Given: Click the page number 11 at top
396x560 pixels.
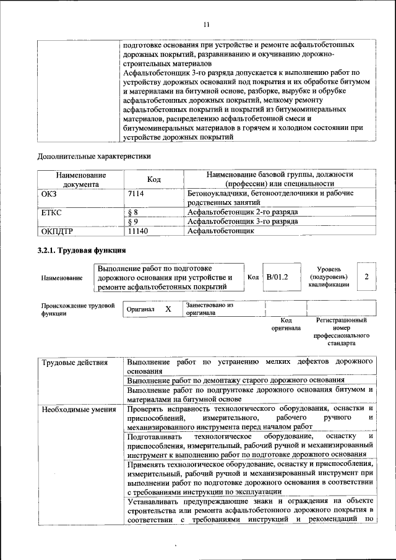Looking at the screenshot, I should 207,24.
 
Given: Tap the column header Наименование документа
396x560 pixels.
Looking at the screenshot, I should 80,179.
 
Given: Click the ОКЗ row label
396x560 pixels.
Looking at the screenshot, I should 49,194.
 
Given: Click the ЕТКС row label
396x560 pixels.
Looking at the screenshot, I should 51,212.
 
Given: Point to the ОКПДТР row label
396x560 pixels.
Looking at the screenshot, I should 57,231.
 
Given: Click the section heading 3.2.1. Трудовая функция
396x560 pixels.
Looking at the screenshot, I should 82,251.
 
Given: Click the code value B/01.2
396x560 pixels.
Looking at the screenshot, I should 277,277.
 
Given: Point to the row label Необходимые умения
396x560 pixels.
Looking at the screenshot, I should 78,409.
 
